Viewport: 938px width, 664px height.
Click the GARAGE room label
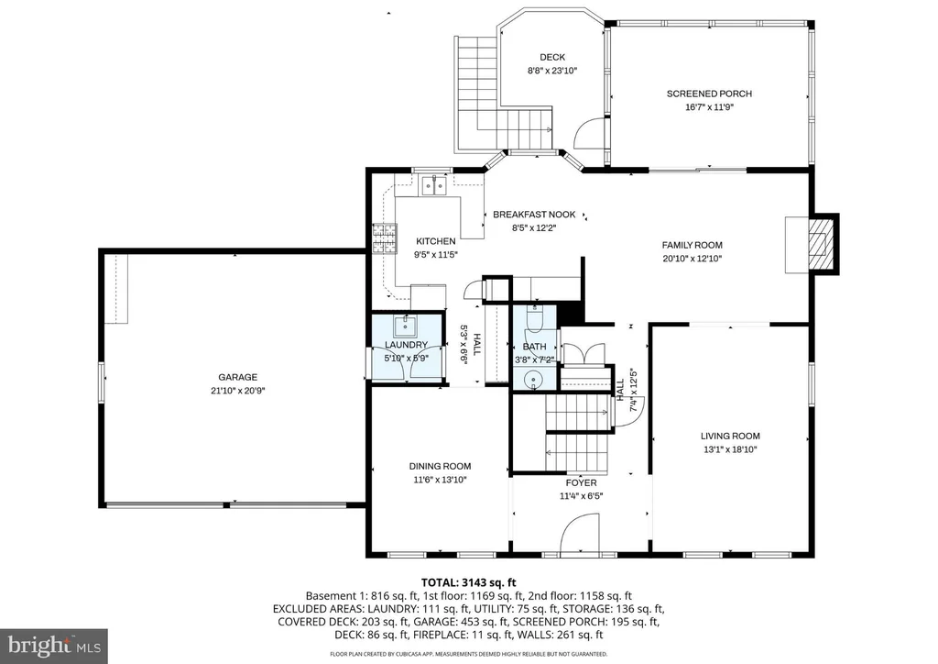click(237, 377)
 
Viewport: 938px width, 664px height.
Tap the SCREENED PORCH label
click(709, 94)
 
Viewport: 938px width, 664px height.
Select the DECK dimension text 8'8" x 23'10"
click(552, 71)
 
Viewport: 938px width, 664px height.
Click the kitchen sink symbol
click(434, 185)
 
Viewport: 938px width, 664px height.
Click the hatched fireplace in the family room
click(818, 244)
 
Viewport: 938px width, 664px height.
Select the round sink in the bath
click(532, 380)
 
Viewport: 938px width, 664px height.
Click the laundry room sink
click(405, 326)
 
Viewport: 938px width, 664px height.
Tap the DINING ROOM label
click(440, 467)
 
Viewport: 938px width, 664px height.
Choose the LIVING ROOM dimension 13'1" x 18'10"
click(730, 449)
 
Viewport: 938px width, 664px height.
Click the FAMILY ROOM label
click(693, 245)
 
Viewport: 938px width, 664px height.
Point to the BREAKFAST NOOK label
click(534, 215)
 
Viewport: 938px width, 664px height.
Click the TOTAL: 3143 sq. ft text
click(468, 582)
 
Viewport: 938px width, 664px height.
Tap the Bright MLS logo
click(54, 646)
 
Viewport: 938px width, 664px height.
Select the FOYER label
click(581, 482)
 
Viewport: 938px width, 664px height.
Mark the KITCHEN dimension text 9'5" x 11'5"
click(435, 254)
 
